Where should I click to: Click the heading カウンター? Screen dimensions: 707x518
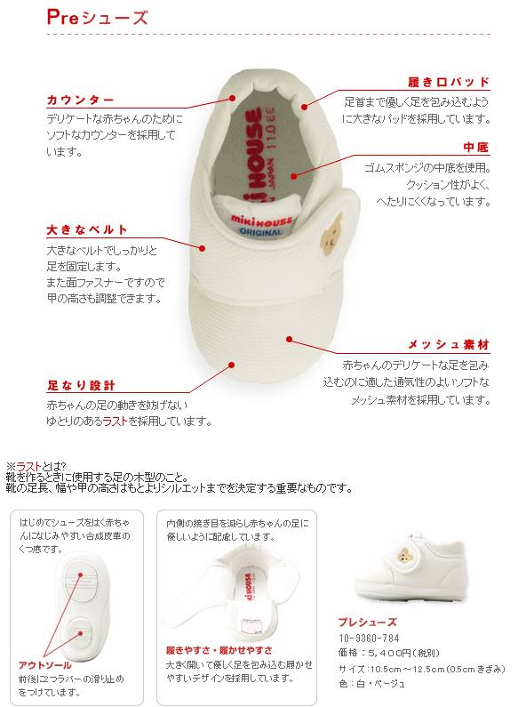coord(80,100)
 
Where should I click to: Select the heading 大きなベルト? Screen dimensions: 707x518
coord(87,230)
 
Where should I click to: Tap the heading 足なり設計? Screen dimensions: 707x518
coord(81,386)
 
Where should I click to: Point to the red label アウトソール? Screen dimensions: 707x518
coord(46,664)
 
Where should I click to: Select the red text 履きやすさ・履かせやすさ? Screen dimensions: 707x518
coord(219,650)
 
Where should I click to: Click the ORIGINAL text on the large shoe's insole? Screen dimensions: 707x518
coord(259,231)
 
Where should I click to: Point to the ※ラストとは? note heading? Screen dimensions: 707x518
coord(42,465)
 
